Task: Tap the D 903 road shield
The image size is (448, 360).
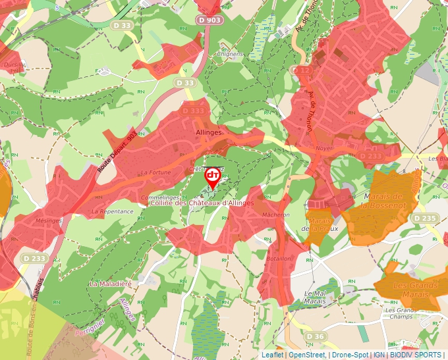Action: point(210,21)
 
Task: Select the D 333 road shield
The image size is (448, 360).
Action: point(192,111)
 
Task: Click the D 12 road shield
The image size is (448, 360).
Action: point(303,70)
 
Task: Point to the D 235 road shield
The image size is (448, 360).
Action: point(427,219)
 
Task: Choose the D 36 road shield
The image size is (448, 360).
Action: point(316,337)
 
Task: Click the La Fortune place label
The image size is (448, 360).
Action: point(155,173)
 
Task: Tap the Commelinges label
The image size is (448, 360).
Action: point(159,197)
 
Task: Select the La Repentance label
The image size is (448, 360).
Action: point(113,212)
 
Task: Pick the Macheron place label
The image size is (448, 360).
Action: point(276,215)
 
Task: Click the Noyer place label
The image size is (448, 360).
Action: point(324,149)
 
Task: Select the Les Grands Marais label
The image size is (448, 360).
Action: point(416,290)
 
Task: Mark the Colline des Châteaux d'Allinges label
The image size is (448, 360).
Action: point(202,203)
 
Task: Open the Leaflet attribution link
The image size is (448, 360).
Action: point(272,355)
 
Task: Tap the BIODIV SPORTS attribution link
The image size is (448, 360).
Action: point(416,355)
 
